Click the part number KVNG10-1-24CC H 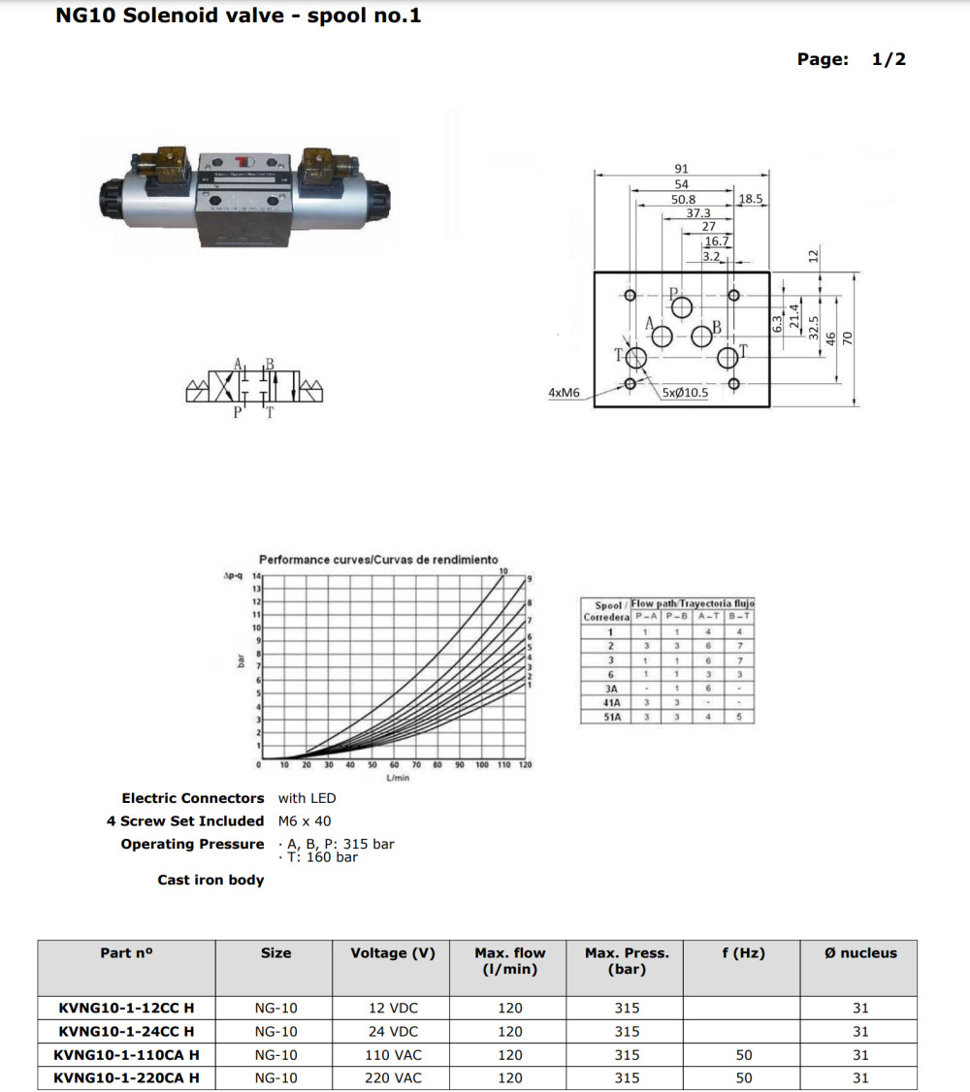pyautogui.click(x=126, y=1031)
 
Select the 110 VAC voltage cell pyautogui.click(x=394, y=1054)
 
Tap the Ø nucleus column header pyautogui.click(x=859, y=953)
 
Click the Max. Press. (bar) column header pyautogui.click(x=627, y=961)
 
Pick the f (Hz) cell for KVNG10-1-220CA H pyautogui.click(x=743, y=1077)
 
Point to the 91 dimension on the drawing pyautogui.click(x=681, y=169)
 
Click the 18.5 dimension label pyautogui.click(x=752, y=199)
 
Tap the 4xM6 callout pyautogui.click(x=563, y=393)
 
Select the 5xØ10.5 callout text pyautogui.click(x=685, y=393)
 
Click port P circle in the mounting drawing pyautogui.click(x=682, y=307)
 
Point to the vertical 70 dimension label pyautogui.click(x=847, y=337)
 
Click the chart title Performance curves pyautogui.click(x=378, y=560)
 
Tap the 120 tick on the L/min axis pyautogui.click(x=525, y=765)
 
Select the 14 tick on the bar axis pyautogui.click(x=256, y=576)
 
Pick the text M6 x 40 pyautogui.click(x=305, y=820)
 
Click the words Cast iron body pyautogui.click(x=210, y=880)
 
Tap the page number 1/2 pyautogui.click(x=889, y=59)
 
